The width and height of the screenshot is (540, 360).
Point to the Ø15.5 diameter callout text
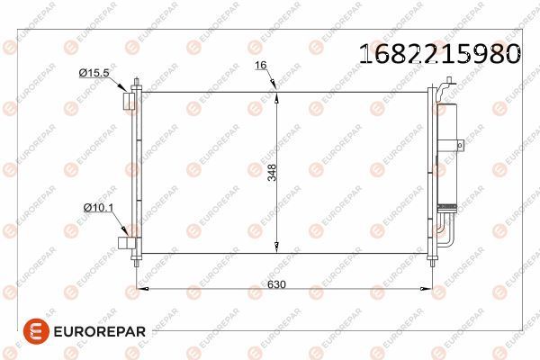tap(94, 71)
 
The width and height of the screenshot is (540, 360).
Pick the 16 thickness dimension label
tap(261, 66)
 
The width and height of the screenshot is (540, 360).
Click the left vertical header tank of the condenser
tap(137, 171)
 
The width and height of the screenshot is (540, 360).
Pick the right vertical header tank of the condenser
tap(429, 171)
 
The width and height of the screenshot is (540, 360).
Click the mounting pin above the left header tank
tap(136, 85)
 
